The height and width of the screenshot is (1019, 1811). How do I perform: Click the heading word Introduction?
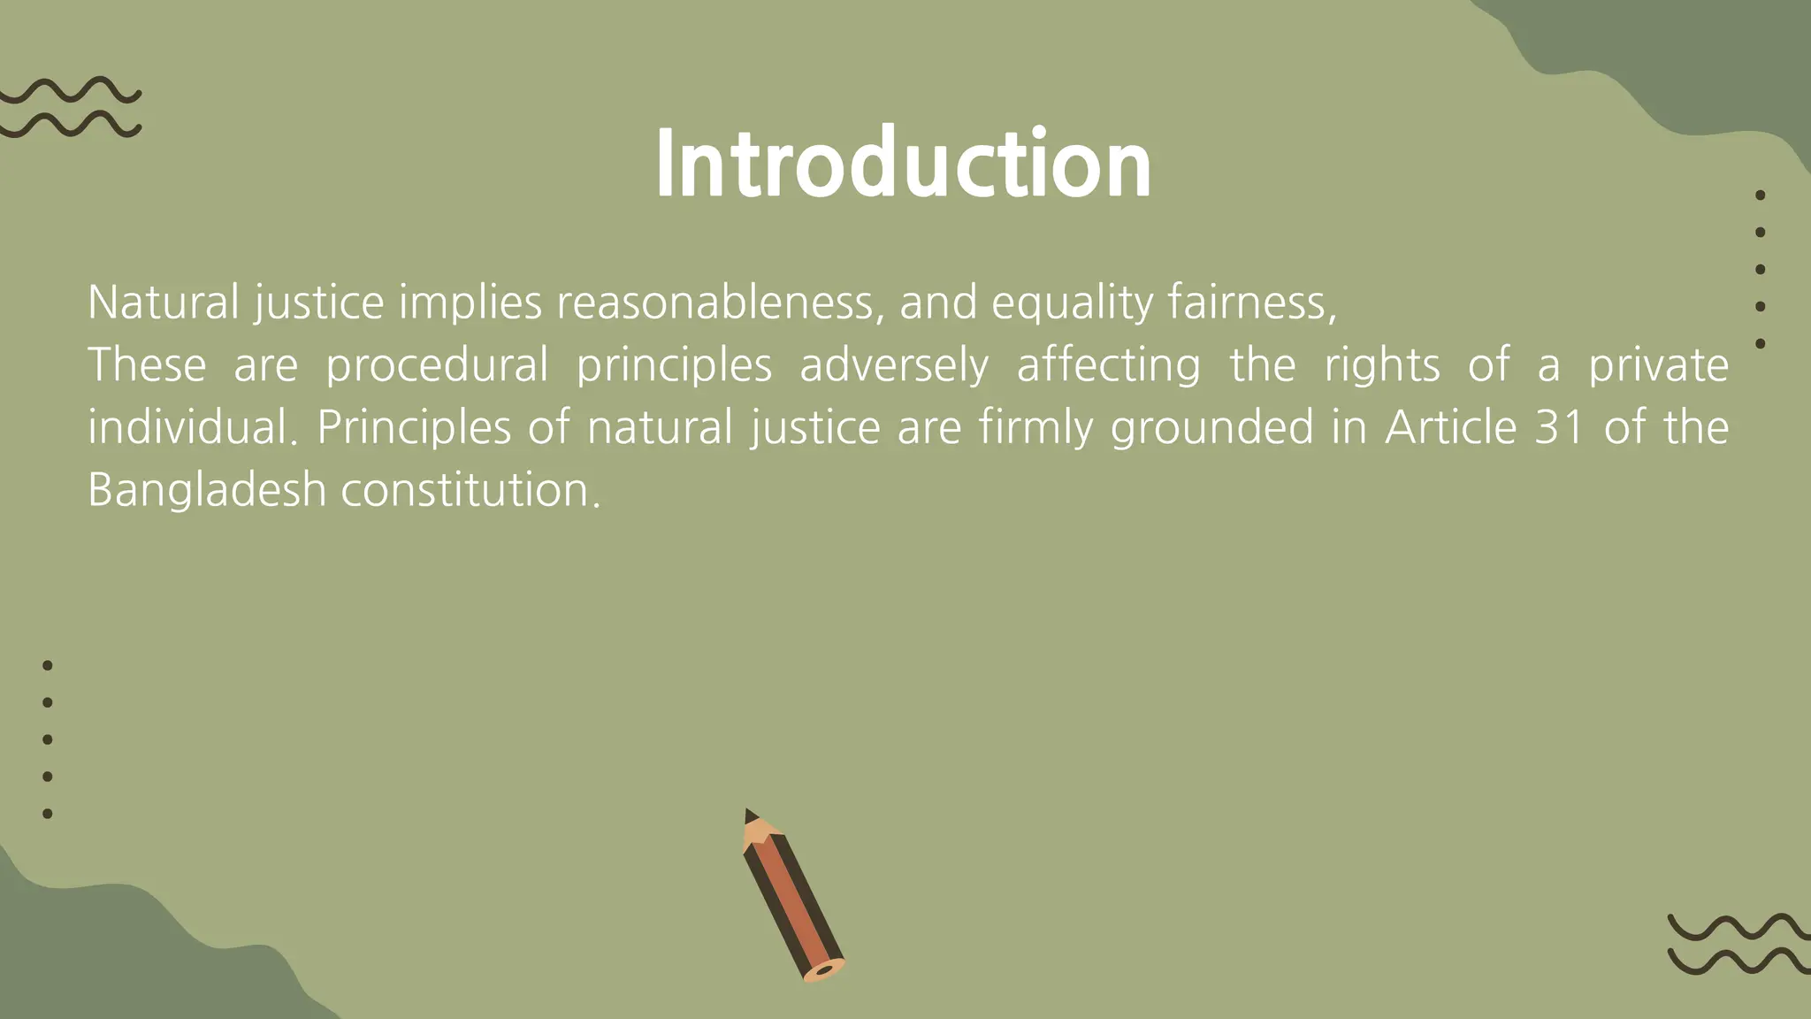coord(903,165)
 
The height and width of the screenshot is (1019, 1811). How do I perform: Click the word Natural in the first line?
coord(164,303)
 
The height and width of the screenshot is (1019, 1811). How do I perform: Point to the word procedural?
coord(437,365)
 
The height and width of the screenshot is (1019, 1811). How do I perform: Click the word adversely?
coord(894,365)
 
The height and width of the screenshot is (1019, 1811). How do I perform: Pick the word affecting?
coord(1109,365)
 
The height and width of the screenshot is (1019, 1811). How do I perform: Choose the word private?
coord(1658,365)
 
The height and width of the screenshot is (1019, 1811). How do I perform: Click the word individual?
coord(187,427)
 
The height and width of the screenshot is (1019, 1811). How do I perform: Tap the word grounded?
coord(1211,427)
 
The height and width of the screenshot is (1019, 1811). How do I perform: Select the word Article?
coord(1451,427)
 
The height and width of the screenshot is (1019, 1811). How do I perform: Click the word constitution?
coord(470,489)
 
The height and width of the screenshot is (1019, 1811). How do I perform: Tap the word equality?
coord(1072,303)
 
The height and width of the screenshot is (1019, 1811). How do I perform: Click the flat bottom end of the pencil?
coord(824,970)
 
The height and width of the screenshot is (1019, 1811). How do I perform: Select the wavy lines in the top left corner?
coord(71,107)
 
